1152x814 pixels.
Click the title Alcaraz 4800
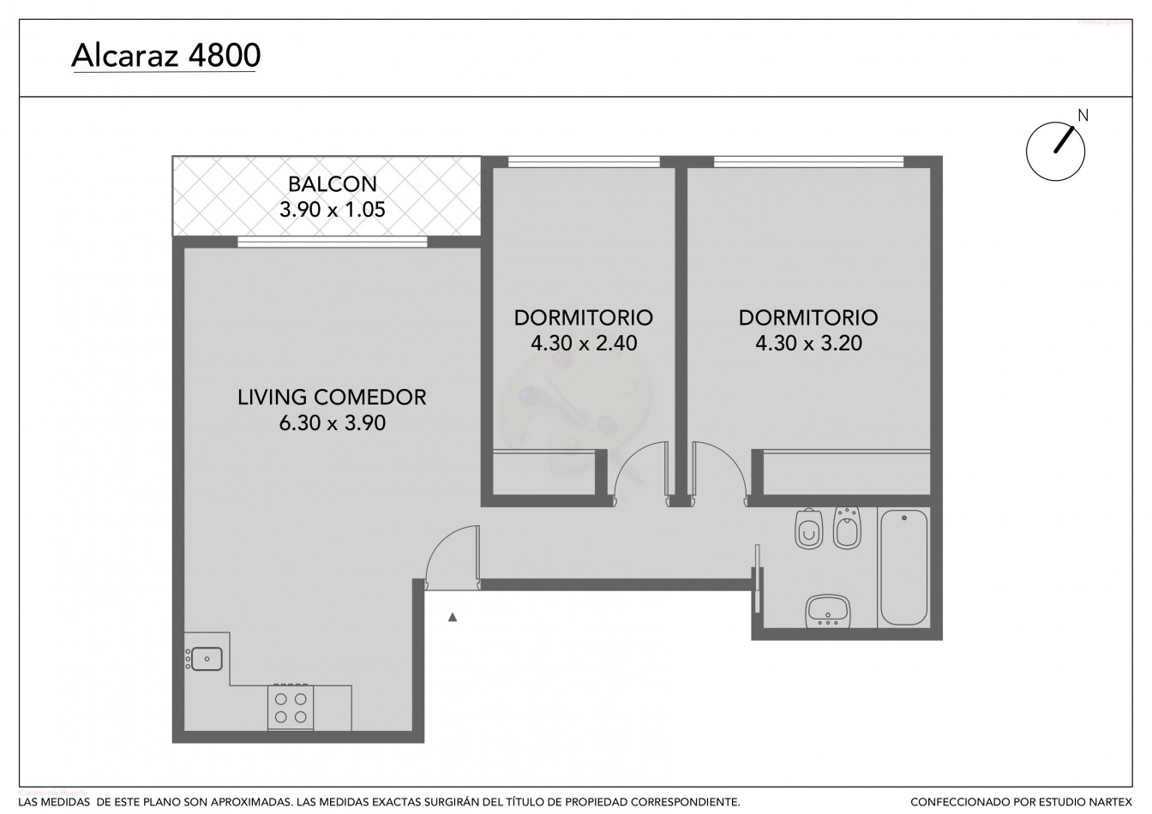coord(166,56)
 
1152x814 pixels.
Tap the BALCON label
coord(333,184)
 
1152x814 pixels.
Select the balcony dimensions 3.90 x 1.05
coord(333,210)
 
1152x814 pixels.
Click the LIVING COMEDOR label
coord(332,398)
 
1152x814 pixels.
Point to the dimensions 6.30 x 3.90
coord(333,423)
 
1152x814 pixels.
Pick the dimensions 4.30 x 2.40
coord(584,343)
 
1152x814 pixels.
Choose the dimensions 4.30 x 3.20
coord(808,343)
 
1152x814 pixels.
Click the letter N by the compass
coord(1083,116)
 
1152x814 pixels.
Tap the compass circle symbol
coord(1055,151)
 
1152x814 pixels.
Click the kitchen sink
coord(205,659)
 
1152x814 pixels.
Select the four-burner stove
coord(291,707)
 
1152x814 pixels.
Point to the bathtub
coord(904,567)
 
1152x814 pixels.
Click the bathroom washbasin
coord(828,612)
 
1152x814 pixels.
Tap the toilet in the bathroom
coord(808,530)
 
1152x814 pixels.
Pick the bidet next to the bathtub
coord(847,528)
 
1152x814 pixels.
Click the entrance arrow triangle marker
coord(452,617)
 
